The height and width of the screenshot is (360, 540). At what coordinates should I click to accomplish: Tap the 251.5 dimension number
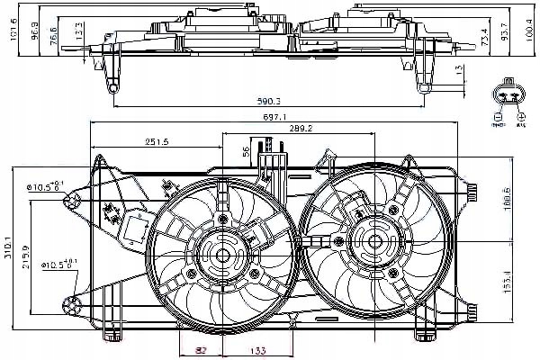[157, 142]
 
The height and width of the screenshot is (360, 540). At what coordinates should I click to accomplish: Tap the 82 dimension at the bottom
[202, 351]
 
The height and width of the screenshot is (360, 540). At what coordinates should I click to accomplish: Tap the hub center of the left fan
[223, 255]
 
